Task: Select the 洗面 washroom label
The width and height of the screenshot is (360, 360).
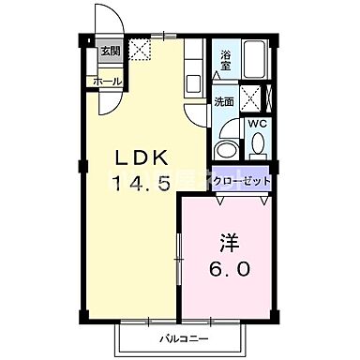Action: click(222, 101)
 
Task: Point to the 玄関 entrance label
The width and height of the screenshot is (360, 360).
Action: click(110, 51)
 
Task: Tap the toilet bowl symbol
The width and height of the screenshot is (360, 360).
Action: click(257, 144)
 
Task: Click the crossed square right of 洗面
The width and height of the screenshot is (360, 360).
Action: click(251, 98)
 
